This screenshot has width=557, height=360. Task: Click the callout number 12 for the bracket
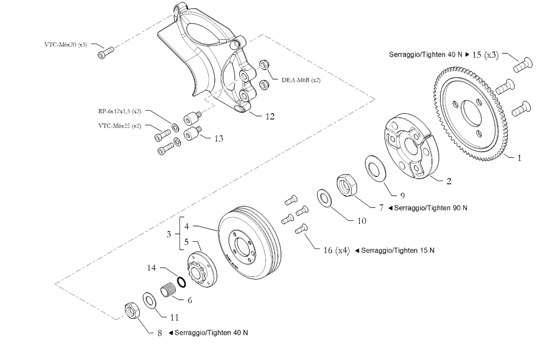point(270,117)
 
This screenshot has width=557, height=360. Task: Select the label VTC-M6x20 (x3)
point(66,44)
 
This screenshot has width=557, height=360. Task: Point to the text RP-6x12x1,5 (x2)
point(117,111)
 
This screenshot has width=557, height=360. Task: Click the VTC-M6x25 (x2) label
point(119,126)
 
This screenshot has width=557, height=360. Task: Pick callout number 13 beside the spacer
point(218,139)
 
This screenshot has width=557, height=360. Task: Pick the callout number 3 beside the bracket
point(169,235)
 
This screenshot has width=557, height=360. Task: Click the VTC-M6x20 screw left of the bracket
point(105,53)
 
